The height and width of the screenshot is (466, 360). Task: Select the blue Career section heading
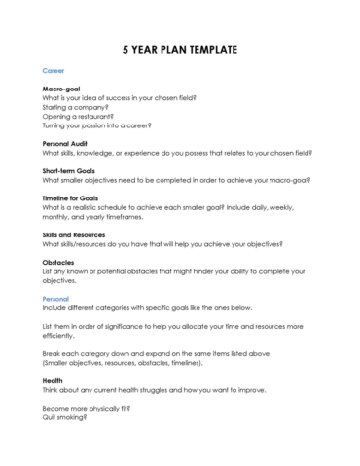[x=55, y=71]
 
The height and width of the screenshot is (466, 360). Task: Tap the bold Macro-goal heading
[x=63, y=90]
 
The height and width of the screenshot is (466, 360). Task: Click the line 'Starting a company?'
[x=75, y=107]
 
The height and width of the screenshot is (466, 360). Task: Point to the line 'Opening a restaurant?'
[x=79, y=116]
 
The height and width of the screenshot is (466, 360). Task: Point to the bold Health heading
[x=54, y=379]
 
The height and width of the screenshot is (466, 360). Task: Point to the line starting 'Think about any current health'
[x=157, y=388]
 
